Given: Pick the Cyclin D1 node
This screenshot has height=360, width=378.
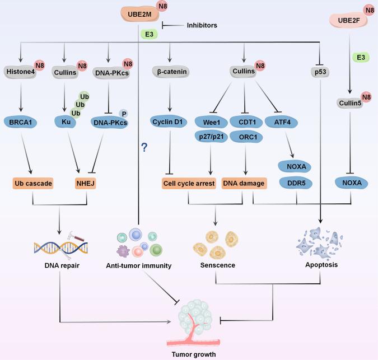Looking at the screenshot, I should (169, 121).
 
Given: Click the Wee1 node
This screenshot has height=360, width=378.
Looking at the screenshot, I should (211, 121).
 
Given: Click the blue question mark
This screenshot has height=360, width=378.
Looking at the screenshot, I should (144, 147).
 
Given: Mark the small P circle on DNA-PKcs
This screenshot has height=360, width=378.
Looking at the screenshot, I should (139, 113).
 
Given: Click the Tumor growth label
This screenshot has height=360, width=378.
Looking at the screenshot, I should (194, 354).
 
